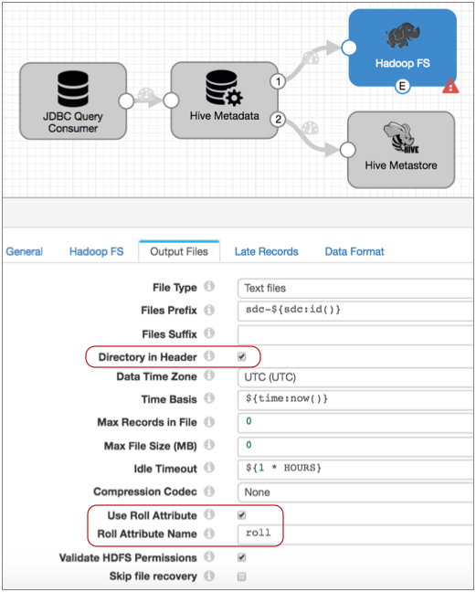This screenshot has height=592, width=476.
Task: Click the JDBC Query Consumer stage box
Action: pyautogui.click(x=73, y=100)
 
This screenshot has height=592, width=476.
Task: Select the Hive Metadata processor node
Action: pyautogui.click(x=224, y=100)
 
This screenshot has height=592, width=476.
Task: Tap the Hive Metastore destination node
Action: pyautogui.click(x=401, y=150)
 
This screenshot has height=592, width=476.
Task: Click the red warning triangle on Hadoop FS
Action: pyautogui.click(x=450, y=86)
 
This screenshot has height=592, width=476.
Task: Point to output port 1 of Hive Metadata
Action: pyautogui.click(x=278, y=81)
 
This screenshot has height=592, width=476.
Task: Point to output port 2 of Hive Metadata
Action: pyautogui.click(x=278, y=120)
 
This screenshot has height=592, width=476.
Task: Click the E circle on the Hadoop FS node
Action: pyautogui.click(x=402, y=87)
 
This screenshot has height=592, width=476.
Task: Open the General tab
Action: pyautogui.click(x=24, y=251)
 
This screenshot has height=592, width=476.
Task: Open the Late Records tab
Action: pyautogui.click(x=266, y=251)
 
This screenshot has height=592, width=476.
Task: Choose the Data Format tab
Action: pyautogui.click(x=354, y=251)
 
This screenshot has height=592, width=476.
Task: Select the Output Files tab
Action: pyautogui.click(x=179, y=251)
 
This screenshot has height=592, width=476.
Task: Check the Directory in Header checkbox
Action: pyautogui.click(x=242, y=357)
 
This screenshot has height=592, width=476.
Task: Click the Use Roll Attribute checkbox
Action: pyautogui.click(x=242, y=515)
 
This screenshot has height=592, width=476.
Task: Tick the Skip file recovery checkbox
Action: pyautogui.click(x=242, y=576)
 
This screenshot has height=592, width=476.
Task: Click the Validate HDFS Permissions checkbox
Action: pyautogui.click(x=242, y=557)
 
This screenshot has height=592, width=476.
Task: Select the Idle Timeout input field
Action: pyautogui.click(x=355, y=469)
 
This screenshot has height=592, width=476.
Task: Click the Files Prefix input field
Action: pyautogui.click(x=355, y=311)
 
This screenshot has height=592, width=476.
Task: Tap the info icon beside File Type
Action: pyautogui.click(x=209, y=287)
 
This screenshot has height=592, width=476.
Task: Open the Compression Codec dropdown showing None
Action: pyautogui.click(x=355, y=492)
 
